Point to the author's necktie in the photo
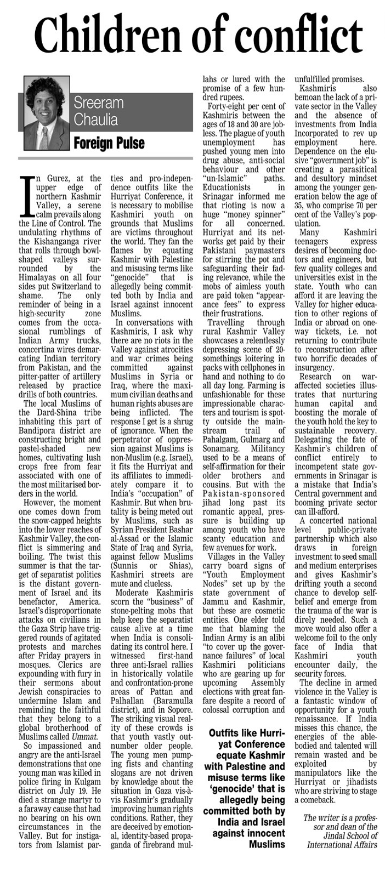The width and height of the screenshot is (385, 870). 44,137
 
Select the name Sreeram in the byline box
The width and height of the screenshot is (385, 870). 99,103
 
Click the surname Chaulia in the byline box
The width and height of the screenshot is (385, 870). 97,120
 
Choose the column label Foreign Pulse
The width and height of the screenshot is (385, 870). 109,143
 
